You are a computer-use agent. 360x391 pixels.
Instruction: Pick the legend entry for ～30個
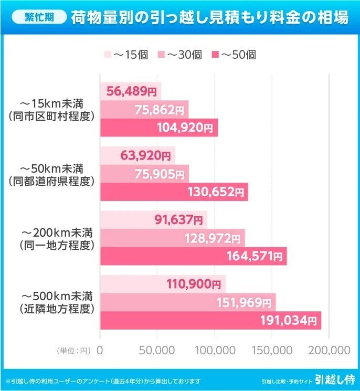pyautogui.click(x=180, y=54)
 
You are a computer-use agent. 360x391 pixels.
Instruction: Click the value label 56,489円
pyautogui.click(x=131, y=92)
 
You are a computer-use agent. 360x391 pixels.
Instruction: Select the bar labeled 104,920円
pyautogui.click(x=158, y=128)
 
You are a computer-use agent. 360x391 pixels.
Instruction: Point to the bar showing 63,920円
pyautogui.click(x=137, y=156)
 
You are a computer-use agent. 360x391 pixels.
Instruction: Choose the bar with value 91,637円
pyautogui.click(x=153, y=220)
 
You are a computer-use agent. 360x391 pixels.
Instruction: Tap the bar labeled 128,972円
pyautogui.click(x=172, y=238)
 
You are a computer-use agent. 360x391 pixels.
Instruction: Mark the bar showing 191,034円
pyautogui.click(x=210, y=320)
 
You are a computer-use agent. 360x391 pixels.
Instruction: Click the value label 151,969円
pyautogui.click(x=245, y=302)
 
